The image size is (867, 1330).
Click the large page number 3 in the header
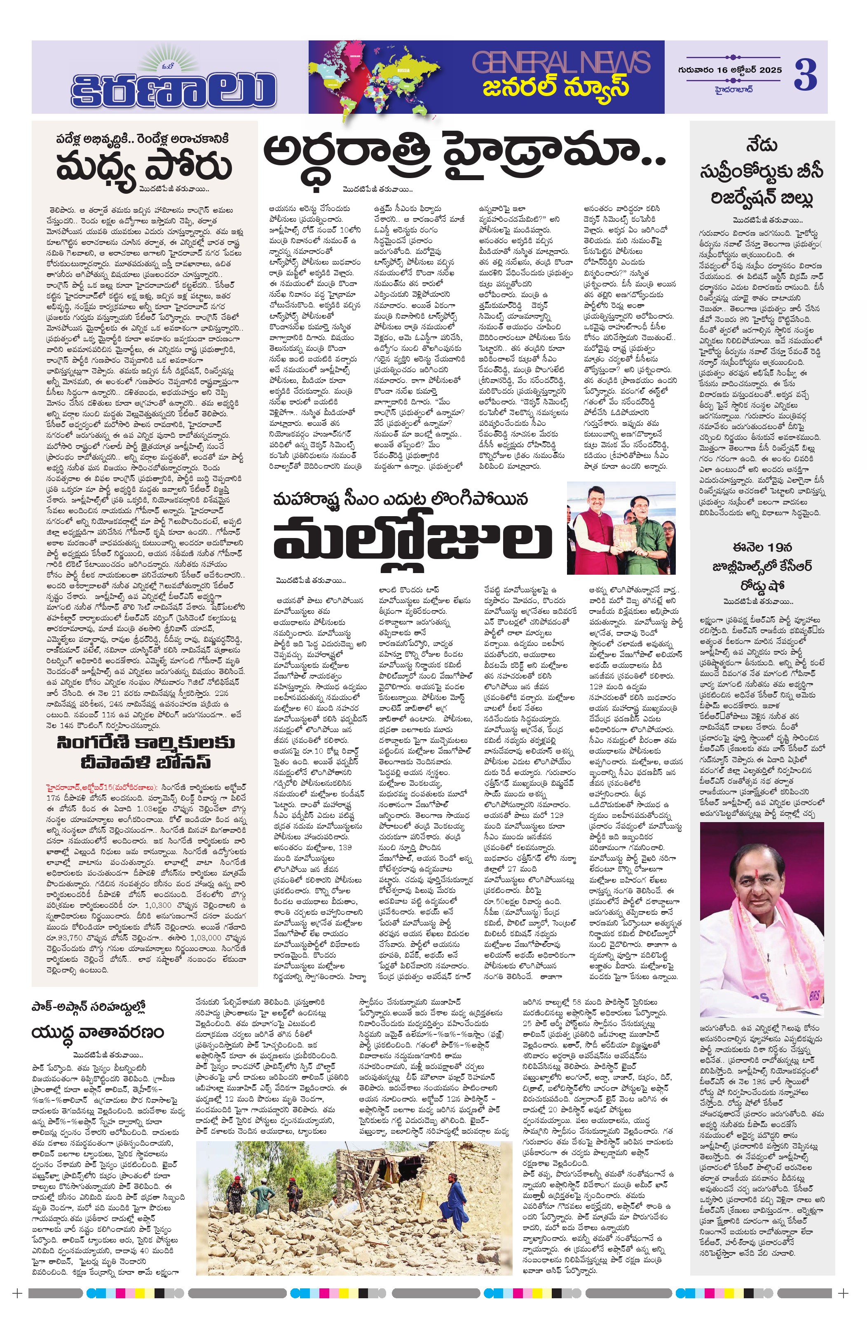pos(805,74)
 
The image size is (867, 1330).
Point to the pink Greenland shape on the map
pos(356,56)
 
